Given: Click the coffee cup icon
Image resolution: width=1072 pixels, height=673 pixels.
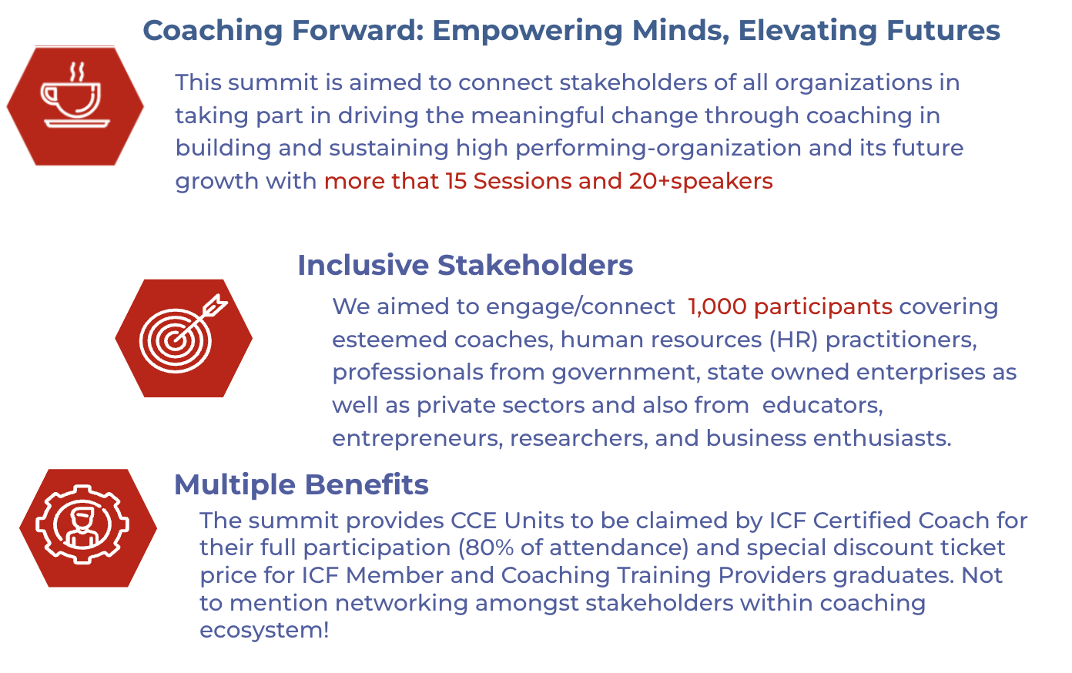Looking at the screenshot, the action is [x=75, y=95].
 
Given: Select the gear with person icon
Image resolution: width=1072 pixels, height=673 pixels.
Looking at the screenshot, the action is [x=82, y=524].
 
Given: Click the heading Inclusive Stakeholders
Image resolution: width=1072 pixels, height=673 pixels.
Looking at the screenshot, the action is [x=465, y=265].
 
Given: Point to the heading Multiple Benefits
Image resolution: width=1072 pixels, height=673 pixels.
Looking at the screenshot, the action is [x=301, y=484].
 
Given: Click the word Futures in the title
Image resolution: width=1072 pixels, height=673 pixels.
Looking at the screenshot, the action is [x=943, y=30].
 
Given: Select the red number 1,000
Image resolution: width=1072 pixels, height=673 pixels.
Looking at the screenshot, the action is [x=717, y=306].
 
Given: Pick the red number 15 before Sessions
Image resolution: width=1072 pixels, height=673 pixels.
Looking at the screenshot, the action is [x=456, y=181].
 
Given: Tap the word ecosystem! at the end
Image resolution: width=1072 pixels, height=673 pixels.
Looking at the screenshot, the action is [x=264, y=630].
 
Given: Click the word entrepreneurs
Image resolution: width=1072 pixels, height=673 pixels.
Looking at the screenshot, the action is [x=417, y=438].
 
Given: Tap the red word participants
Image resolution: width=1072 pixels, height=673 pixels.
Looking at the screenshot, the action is [x=823, y=307].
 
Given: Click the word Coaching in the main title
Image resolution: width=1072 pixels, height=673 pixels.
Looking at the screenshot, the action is [x=213, y=32].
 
